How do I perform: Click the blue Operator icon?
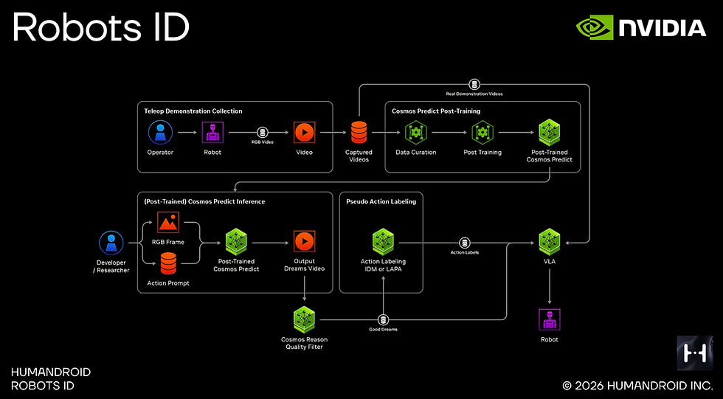tap(161, 133)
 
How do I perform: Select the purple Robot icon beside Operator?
tap(212, 133)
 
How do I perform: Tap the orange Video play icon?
tap(304, 133)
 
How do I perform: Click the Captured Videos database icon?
tap(359, 133)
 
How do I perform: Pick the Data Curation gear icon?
tap(416, 133)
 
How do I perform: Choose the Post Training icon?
tap(482, 133)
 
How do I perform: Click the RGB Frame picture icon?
tap(168, 223)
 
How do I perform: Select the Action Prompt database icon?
tap(168, 263)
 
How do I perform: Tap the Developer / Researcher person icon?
tap(111, 243)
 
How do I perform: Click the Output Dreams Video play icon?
tap(304, 241)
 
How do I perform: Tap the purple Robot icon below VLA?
tap(550, 320)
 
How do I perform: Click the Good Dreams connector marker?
tap(383, 320)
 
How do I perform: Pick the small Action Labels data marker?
tap(464, 243)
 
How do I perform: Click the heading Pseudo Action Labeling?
tap(381, 201)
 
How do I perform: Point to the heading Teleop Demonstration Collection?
tap(193, 111)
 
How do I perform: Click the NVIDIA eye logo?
tap(595, 27)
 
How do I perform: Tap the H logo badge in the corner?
tap(694, 353)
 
